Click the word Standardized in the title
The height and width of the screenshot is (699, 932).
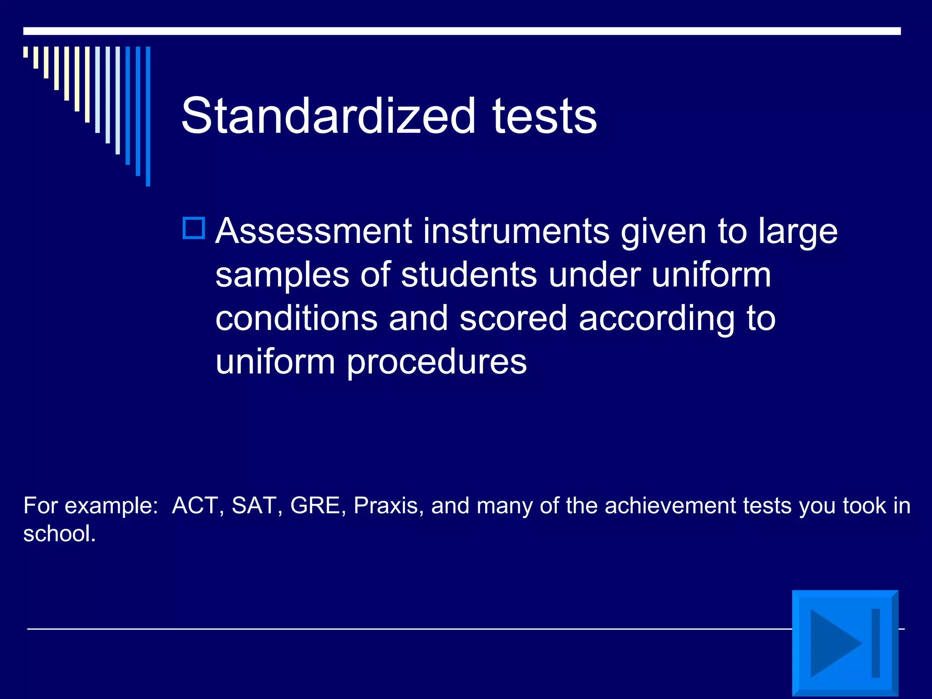point(328,116)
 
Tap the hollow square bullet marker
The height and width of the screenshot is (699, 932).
point(194,228)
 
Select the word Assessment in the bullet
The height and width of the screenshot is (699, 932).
point(314,231)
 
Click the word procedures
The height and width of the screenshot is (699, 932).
point(436,362)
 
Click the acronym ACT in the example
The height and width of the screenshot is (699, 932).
point(195,506)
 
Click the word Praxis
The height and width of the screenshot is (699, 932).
point(386,506)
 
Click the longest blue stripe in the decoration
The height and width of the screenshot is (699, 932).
point(148,116)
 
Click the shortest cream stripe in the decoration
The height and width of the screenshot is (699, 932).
point(25,52)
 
